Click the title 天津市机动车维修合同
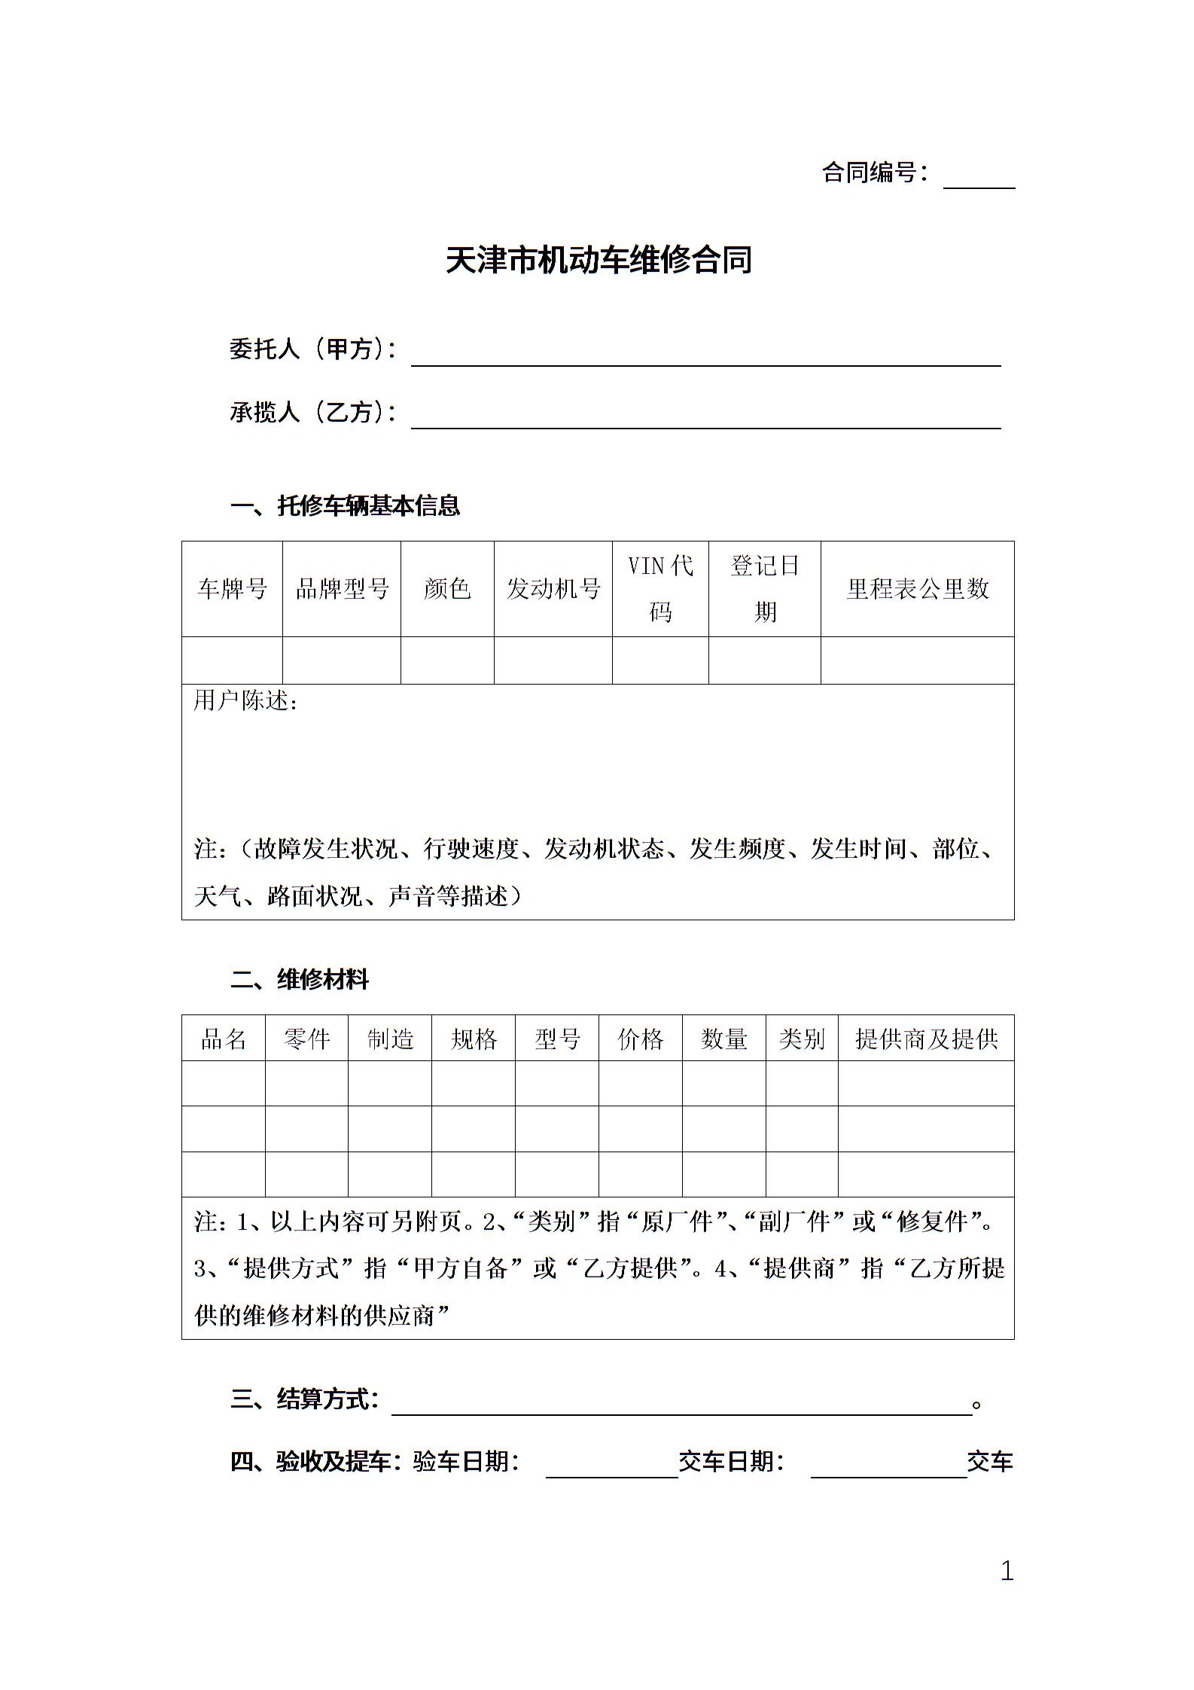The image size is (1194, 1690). [599, 261]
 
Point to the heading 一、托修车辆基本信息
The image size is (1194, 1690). [346, 505]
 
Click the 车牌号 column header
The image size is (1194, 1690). [232, 589]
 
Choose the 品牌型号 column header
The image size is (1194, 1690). [342, 589]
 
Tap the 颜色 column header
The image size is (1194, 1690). [447, 589]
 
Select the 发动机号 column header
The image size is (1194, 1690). [553, 589]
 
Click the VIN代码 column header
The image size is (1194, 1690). [660, 589]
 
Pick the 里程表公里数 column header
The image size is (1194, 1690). [917, 589]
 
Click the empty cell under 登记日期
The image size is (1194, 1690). [764, 660]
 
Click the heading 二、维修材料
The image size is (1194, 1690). [300, 980]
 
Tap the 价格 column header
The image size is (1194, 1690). [640, 1039]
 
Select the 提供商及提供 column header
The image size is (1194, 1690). [926, 1039]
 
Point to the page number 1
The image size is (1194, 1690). [1007, 1571]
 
